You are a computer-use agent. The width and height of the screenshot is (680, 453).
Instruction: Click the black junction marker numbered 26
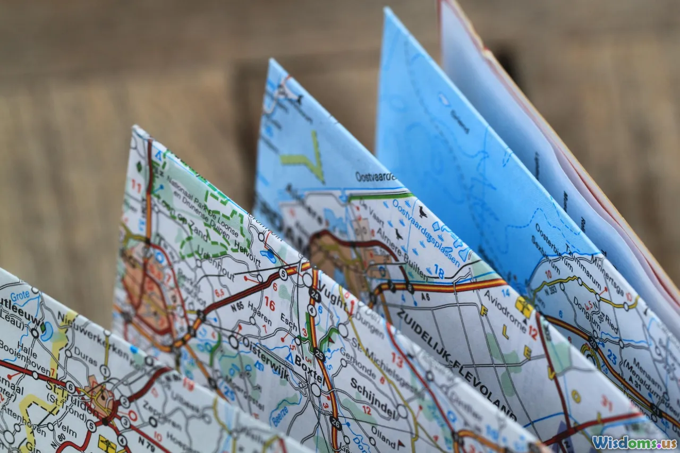[335, 423]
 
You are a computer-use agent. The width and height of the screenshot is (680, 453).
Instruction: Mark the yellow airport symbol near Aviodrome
[524, 305]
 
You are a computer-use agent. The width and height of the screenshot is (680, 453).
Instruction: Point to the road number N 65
[236, 306]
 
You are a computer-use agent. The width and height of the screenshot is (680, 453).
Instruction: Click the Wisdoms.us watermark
[634, 442]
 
